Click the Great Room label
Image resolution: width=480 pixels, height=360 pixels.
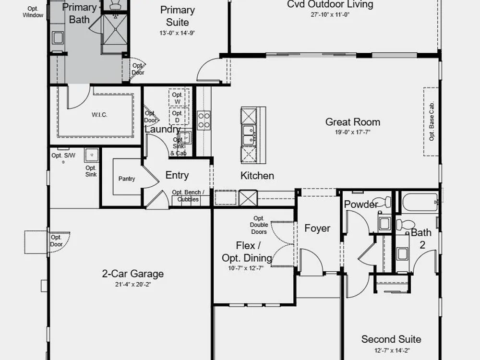[353, 122]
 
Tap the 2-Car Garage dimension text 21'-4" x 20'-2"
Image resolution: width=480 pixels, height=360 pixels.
[133, 284]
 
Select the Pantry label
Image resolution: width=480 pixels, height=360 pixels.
[126, 179]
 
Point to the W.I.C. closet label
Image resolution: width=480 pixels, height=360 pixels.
[99, 115]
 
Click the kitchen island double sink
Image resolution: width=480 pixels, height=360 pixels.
[249, 135]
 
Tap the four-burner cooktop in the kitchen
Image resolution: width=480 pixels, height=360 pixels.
[204, 120]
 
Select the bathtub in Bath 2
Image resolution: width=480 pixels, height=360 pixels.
[420, 203]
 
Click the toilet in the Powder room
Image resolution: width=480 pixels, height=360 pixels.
[382, 202]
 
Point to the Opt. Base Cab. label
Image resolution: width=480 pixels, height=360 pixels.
[432, 121]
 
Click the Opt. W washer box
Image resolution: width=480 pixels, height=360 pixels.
[179, 98]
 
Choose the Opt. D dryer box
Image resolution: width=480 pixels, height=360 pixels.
[179, 116]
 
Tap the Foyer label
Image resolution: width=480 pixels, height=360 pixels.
[317, 228]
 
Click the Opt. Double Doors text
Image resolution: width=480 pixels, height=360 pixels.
[259, 225]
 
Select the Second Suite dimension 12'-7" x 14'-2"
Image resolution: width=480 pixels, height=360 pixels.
[392, 350]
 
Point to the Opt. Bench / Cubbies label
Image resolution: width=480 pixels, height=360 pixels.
[188, 196]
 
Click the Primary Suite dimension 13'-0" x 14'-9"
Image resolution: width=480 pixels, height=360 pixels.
[177, 33]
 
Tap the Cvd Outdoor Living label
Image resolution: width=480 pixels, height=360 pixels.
[330, 4]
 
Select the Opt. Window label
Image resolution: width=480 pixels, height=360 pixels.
[33, 12]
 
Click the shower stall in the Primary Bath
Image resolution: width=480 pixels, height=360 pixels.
[115, 29]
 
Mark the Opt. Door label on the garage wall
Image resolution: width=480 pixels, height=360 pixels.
[56, 241]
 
